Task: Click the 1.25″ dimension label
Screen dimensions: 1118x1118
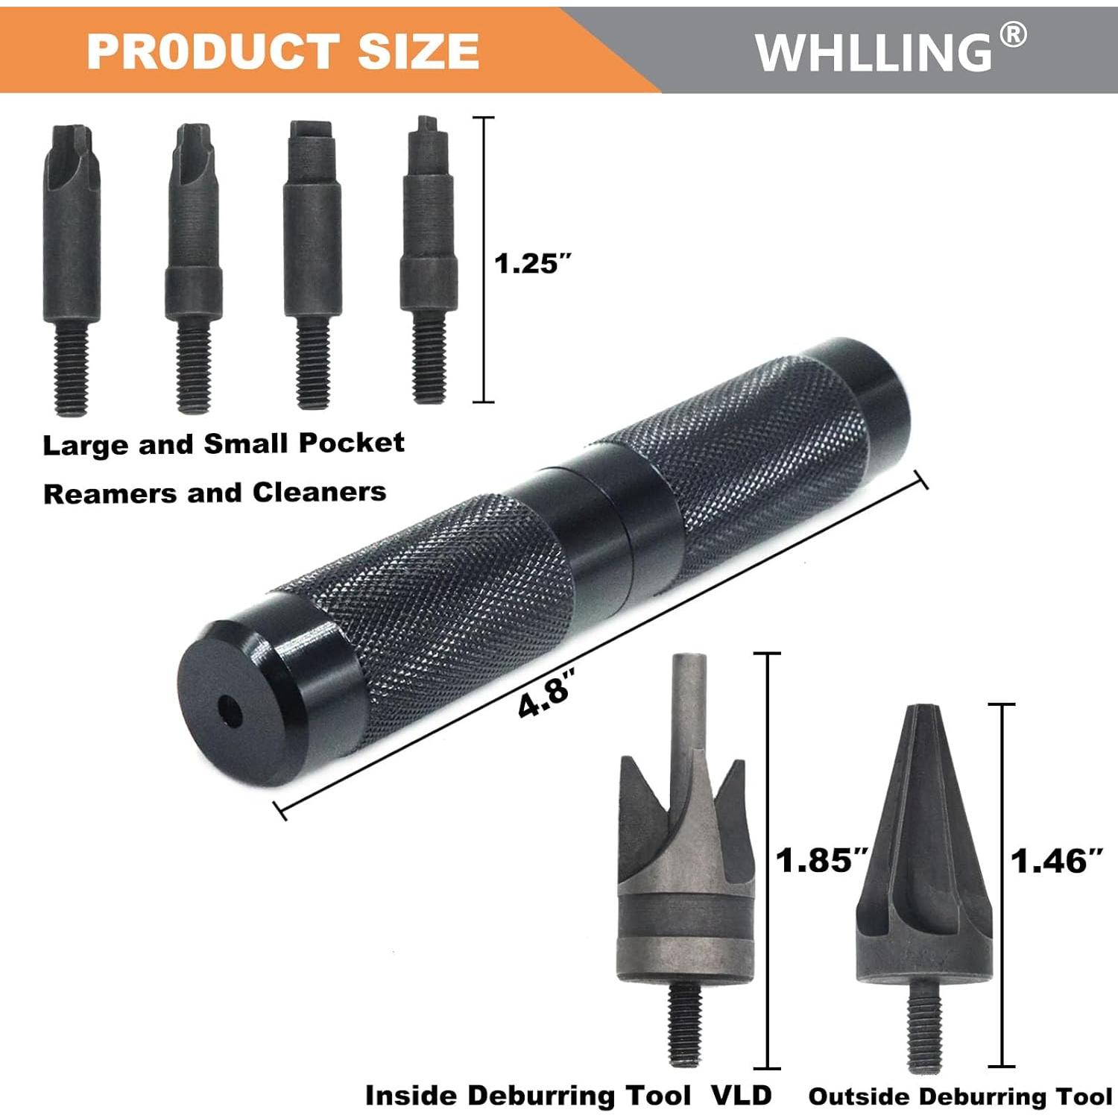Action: (533, 263)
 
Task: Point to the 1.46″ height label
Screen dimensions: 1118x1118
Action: (1055, 861)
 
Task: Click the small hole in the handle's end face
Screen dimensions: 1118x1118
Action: (230, 712)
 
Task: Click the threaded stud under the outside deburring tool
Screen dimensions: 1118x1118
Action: (924, 1025)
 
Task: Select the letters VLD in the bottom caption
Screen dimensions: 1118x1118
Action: (741, 1095)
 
